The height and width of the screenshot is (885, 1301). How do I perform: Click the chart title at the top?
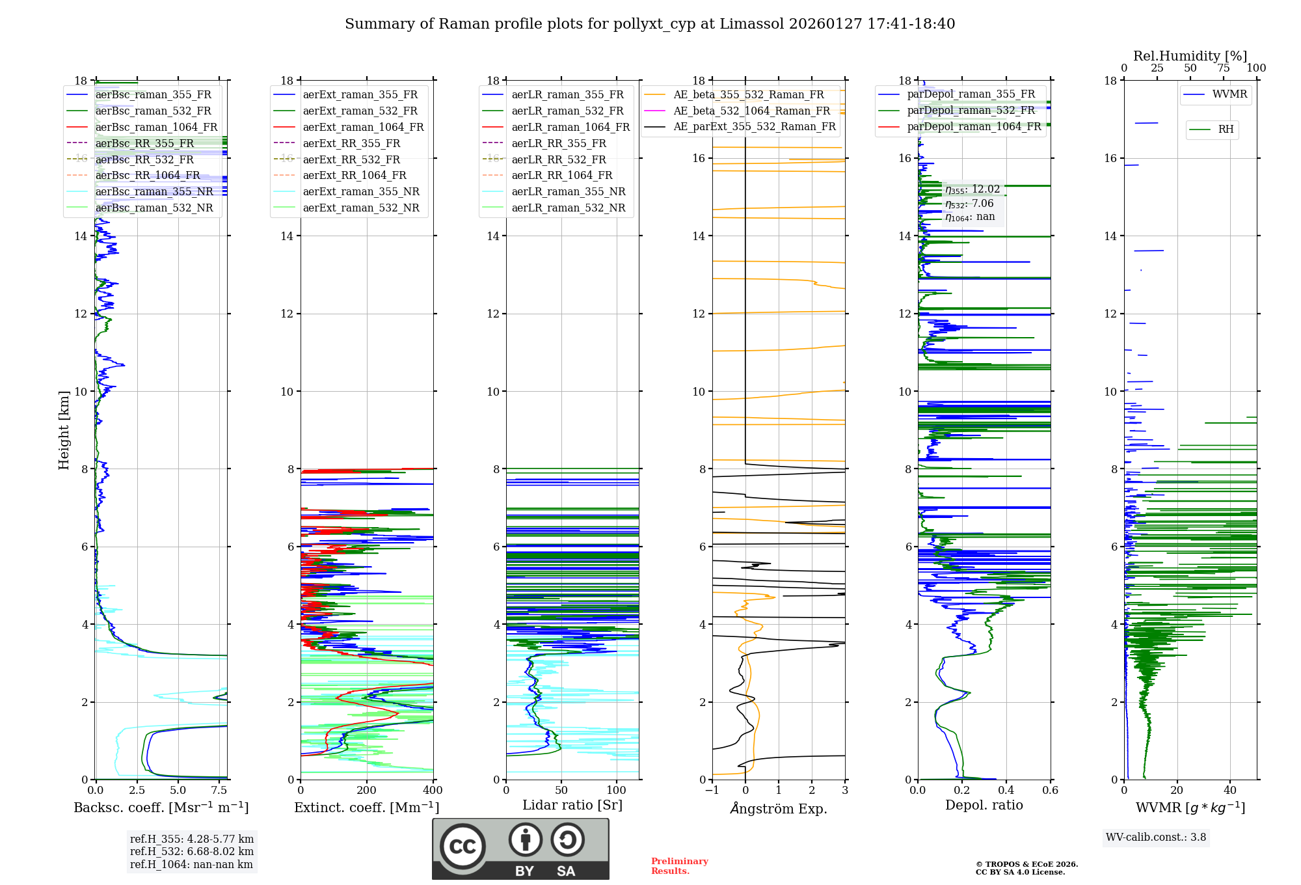pos(650,24)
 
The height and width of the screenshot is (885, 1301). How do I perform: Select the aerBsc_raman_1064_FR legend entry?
pos(156,128)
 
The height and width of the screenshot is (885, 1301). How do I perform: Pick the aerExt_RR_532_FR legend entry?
pos(351,159)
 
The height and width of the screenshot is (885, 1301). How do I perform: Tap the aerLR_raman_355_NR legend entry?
pos(568,192)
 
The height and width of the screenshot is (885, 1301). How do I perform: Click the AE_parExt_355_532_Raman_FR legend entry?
pos(755,127)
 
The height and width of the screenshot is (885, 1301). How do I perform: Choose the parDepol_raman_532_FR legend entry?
pos(971,111)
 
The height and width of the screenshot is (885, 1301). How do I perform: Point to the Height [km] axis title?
pos(64,429)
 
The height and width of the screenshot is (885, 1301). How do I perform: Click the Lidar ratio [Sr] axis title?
pos(572,805)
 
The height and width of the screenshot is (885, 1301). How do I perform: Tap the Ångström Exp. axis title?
pos(779,809)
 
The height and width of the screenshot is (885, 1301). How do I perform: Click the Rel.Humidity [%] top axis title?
pos(1190,56)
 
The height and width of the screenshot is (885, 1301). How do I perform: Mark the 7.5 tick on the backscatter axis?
pos(219,791)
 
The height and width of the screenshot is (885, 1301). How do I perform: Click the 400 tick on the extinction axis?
pos(433,791)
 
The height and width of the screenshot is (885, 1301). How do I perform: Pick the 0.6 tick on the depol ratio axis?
pos(1050,791)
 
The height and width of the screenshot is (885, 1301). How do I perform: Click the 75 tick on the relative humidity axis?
pos(1224,68)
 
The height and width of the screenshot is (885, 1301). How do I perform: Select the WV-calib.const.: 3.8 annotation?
pos(1155,837)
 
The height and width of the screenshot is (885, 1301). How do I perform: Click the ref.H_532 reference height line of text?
pos(192,852)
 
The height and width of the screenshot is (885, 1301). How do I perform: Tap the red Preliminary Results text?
pos(679,866)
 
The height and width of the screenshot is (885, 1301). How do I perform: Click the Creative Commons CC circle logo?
pos(463,847)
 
